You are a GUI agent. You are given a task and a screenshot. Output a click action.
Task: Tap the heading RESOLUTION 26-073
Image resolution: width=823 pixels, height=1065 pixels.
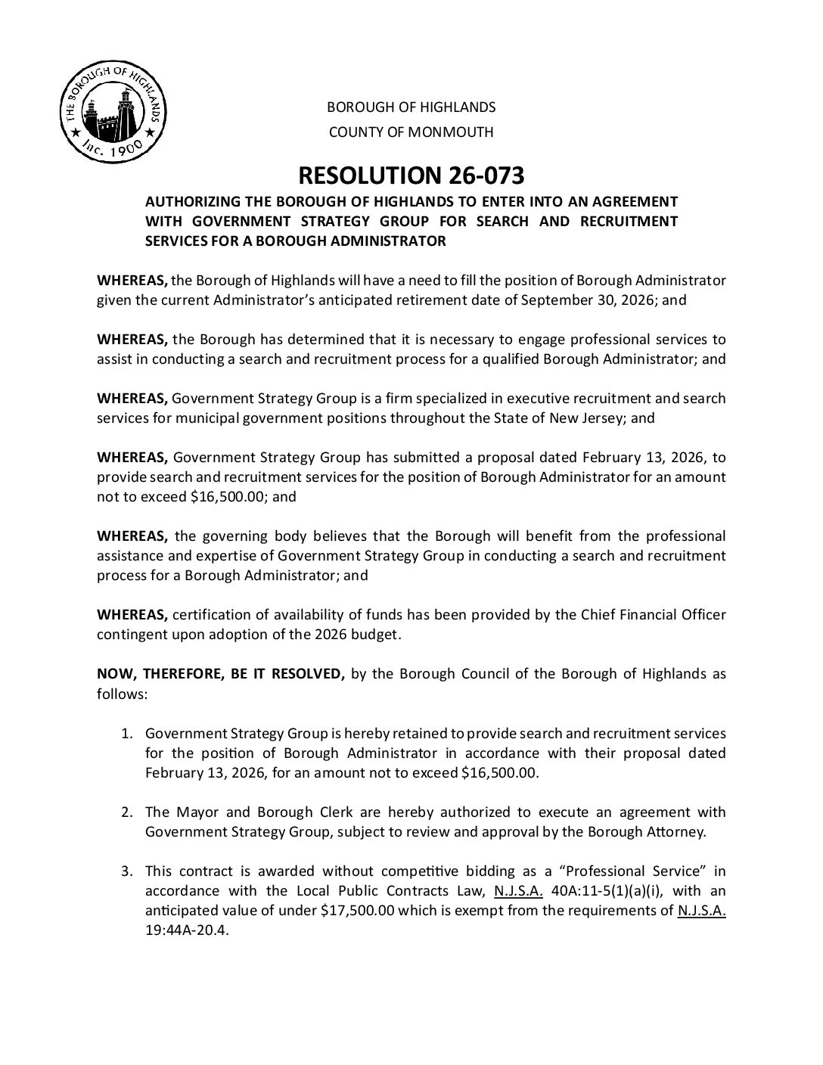411,175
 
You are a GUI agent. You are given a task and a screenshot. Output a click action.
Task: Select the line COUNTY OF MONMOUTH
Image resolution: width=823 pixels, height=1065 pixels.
411,132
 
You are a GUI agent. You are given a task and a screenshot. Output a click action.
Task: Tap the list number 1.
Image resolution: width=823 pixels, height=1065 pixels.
127,734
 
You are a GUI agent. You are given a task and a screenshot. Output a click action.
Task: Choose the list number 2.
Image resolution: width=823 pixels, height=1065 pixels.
127,812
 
